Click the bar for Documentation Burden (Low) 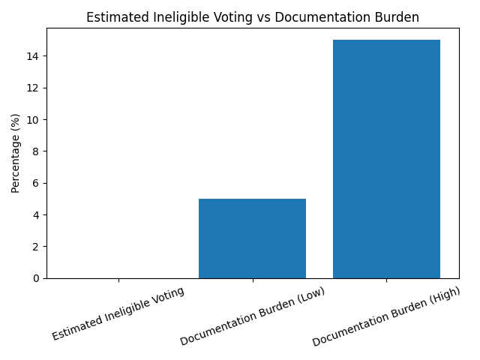(x=252, y=238)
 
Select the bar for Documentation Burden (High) (x=386, y=159)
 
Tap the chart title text (x=253, y=17)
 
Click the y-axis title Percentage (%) (x=16, y=153)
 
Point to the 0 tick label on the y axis (x=35, y=278)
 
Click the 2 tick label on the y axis (x=35, y=247)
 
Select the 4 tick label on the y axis (x=35, y=215)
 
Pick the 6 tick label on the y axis (x=35, y=183)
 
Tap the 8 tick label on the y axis (x=35, y=151)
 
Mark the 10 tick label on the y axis (x=32, y=120)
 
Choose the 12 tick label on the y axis (x=32, y=88)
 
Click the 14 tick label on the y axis (x=32, y=56)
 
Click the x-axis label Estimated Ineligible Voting (x=118, y=313)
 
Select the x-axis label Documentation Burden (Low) (x=252, y=317)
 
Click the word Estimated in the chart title (x=113, y=17)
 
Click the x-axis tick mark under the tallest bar (x=386, y=280)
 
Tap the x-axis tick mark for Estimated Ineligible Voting (x=118, y=280)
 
